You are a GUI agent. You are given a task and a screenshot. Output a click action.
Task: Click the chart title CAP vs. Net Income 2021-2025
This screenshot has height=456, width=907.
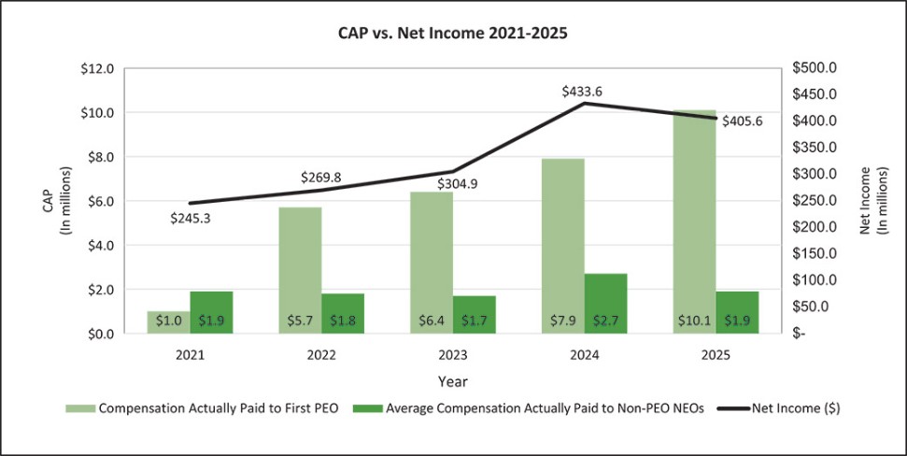click(453, 32)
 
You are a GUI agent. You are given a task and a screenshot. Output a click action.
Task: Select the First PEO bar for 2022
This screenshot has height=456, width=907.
click(299, 270)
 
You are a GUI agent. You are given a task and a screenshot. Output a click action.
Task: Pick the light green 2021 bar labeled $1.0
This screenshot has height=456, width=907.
click(168, 322)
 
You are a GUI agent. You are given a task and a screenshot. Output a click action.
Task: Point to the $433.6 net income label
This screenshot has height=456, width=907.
click(582, 92)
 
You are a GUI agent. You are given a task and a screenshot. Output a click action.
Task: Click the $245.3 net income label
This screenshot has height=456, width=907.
click(190, 219)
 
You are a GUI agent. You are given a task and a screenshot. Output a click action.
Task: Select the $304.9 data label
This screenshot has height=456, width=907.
click(458, 184)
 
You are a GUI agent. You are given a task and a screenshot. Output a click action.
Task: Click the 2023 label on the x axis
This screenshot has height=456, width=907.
click(453, 356)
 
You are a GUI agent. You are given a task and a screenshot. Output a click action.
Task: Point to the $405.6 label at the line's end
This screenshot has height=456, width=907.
click(743, 121)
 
